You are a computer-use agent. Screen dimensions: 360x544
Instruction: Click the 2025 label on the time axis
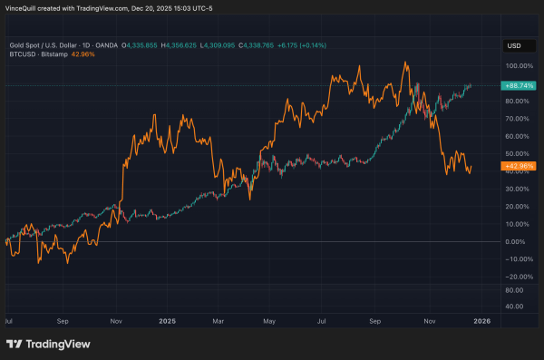click(x=166, y=319)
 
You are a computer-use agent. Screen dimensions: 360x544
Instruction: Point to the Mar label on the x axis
click(x=218, y=319)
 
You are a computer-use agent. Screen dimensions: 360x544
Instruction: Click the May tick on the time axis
click(x=268, y=319)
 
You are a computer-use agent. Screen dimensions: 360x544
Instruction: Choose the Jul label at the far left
click(x=9, y=319)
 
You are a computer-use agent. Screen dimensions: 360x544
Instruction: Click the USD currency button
click(x=514, y=44)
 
